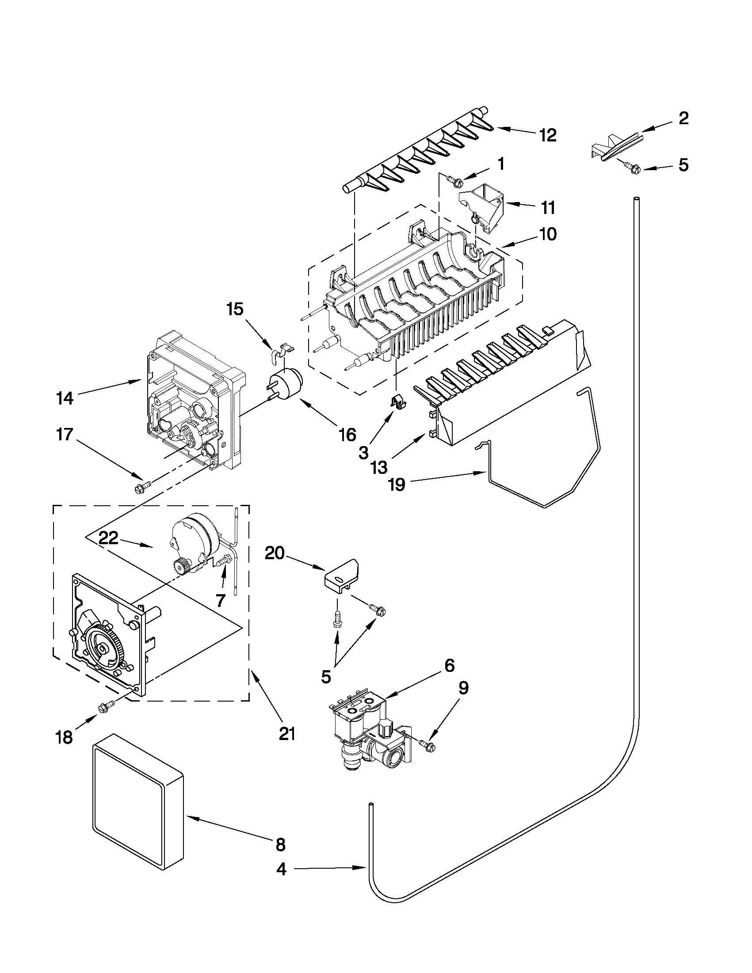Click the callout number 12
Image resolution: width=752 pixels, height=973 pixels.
click(547, 135)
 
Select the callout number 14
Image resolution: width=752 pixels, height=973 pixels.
click(65, 398)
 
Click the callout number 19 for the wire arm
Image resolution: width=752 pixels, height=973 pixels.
click(397, 484)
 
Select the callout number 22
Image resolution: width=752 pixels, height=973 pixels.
click(108, 538)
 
